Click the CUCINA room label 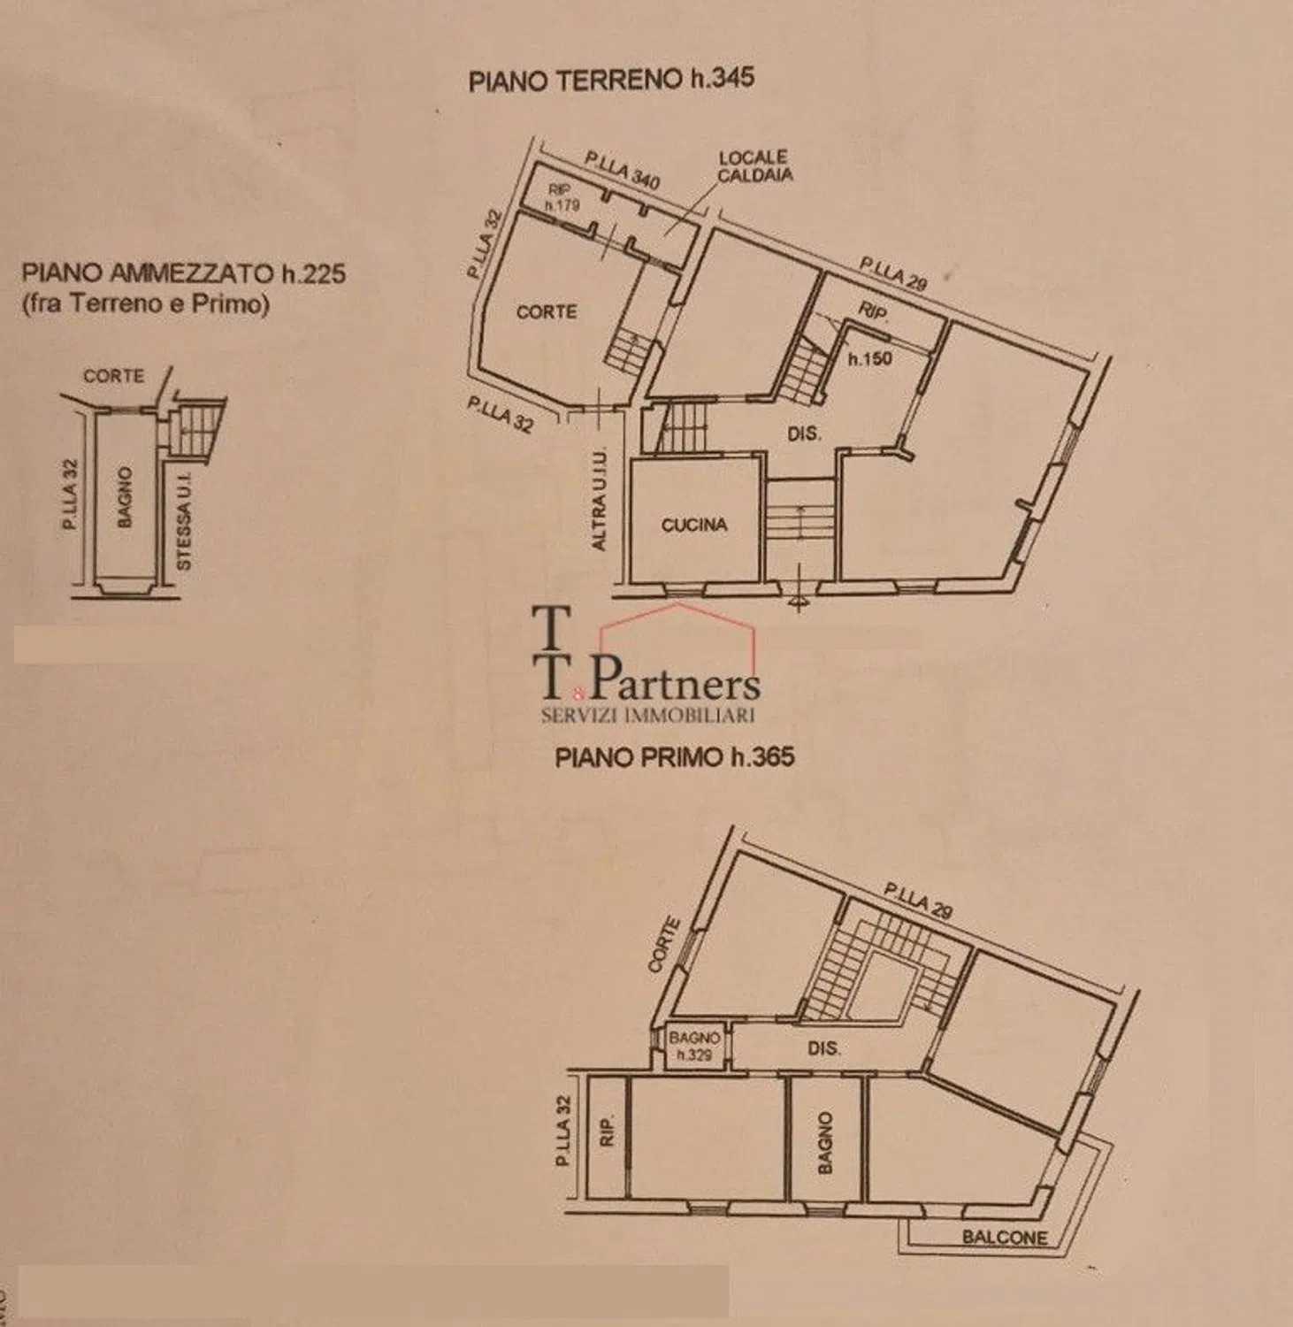[x=694, y=525]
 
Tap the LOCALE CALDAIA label [x=754, y=166]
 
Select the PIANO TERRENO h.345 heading [x=611, y=80]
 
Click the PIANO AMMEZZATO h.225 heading [x=184, y=272]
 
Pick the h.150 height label [x=870, y=359]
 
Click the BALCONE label [x=1005, y=1237]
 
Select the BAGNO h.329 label [x=694, y=1046]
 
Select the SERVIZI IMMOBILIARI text [x=647, y=714]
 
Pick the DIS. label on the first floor [x=823, y=1048]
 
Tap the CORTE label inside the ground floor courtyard [x=547, y=311]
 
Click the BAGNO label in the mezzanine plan [x=124, y=498]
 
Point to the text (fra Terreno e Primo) [x=144, y=303]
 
